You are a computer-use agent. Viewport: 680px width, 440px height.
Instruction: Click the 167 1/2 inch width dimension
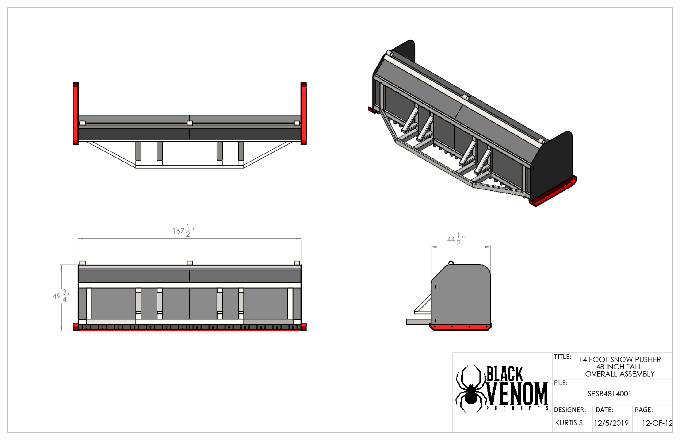pyautogui.click(x=183, y=231)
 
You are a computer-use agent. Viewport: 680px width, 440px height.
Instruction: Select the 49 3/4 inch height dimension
pyautogui.click(x=61, y=296)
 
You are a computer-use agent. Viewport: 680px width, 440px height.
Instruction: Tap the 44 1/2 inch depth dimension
pyautogui.click(x=456, y=239)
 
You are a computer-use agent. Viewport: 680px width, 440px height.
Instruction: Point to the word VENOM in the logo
pyautogui.click(x=517, y=394)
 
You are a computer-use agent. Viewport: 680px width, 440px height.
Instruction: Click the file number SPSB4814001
pyautogui.click(x=609, y=394)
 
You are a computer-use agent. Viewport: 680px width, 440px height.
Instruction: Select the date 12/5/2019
pyautogui.click(x=611, y=423)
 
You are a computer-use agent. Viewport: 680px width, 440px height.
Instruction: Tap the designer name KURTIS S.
pyautogui.click(x=570, y=423)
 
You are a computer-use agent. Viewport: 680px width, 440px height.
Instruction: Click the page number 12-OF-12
pyautogui.click(x=657, y=423)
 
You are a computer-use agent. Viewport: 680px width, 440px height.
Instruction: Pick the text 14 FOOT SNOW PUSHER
pyautogui.click(x=620, y=359)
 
